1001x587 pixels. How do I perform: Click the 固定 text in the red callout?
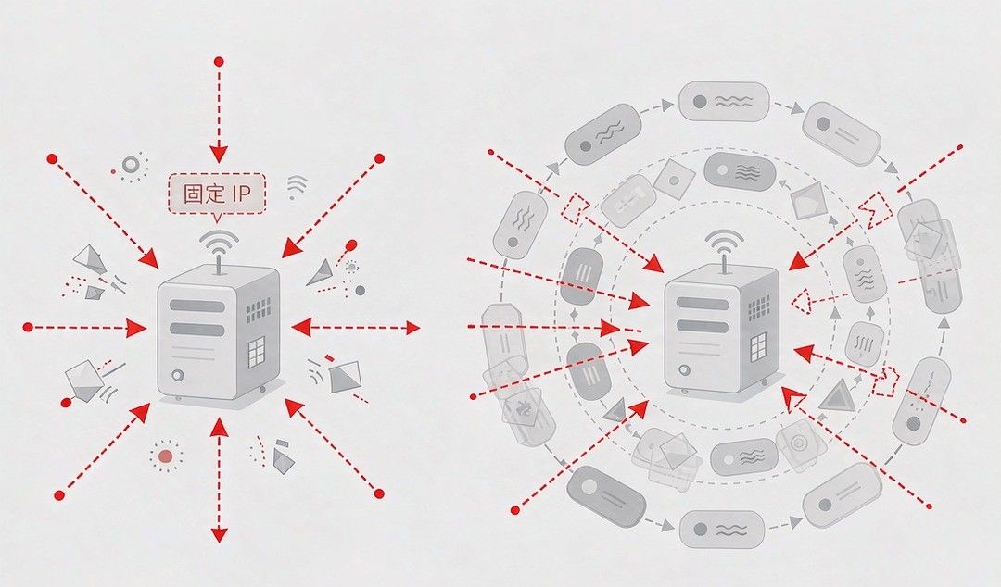click(203, 194)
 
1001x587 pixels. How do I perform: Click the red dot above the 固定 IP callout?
click(219, 62)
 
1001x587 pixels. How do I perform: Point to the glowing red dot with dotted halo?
click(166, 456)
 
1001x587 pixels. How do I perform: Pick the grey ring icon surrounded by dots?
click(131, 165)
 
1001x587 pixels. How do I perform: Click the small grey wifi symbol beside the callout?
click(297, 186)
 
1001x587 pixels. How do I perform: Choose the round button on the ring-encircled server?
click(685, 369)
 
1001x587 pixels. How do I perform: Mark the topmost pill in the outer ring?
click(723, 101)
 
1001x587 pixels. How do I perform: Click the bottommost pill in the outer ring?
click(721, 530)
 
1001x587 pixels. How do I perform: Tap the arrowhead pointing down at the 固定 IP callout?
click(219, 154)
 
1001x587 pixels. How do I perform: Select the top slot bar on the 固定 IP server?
click(197, 305)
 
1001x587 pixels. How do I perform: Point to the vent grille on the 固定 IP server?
click(258, 309)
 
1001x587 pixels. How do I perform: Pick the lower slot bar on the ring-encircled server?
click(703, 327)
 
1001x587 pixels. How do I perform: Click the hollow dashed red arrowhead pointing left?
click(801, 300)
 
